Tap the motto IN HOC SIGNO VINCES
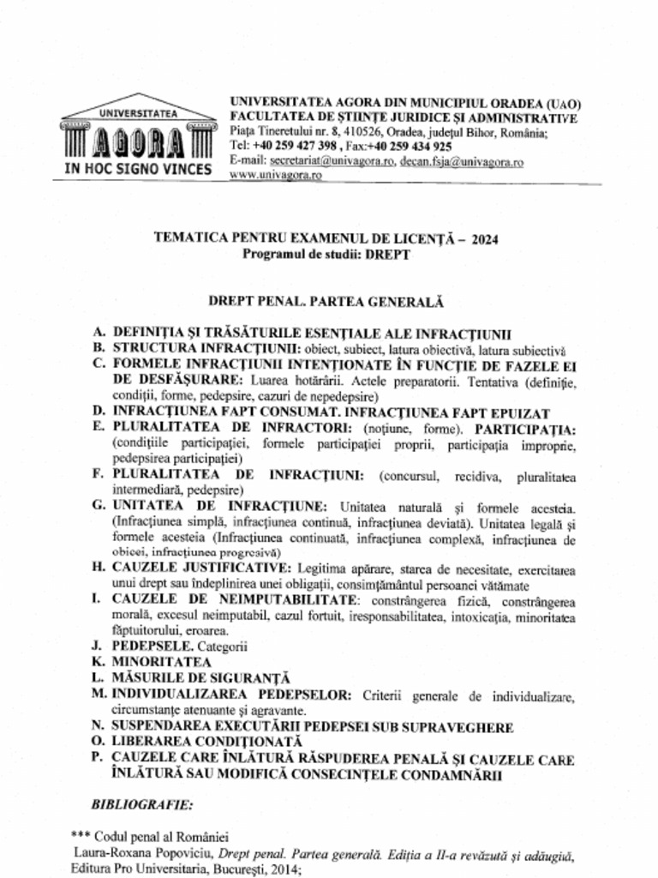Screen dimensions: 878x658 pyautogui.click(x=138, y=169)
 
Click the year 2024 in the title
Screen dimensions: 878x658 pyautogui.click(x=482, y=239)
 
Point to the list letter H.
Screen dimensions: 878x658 pyautogui.click(x=99, y=568)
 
